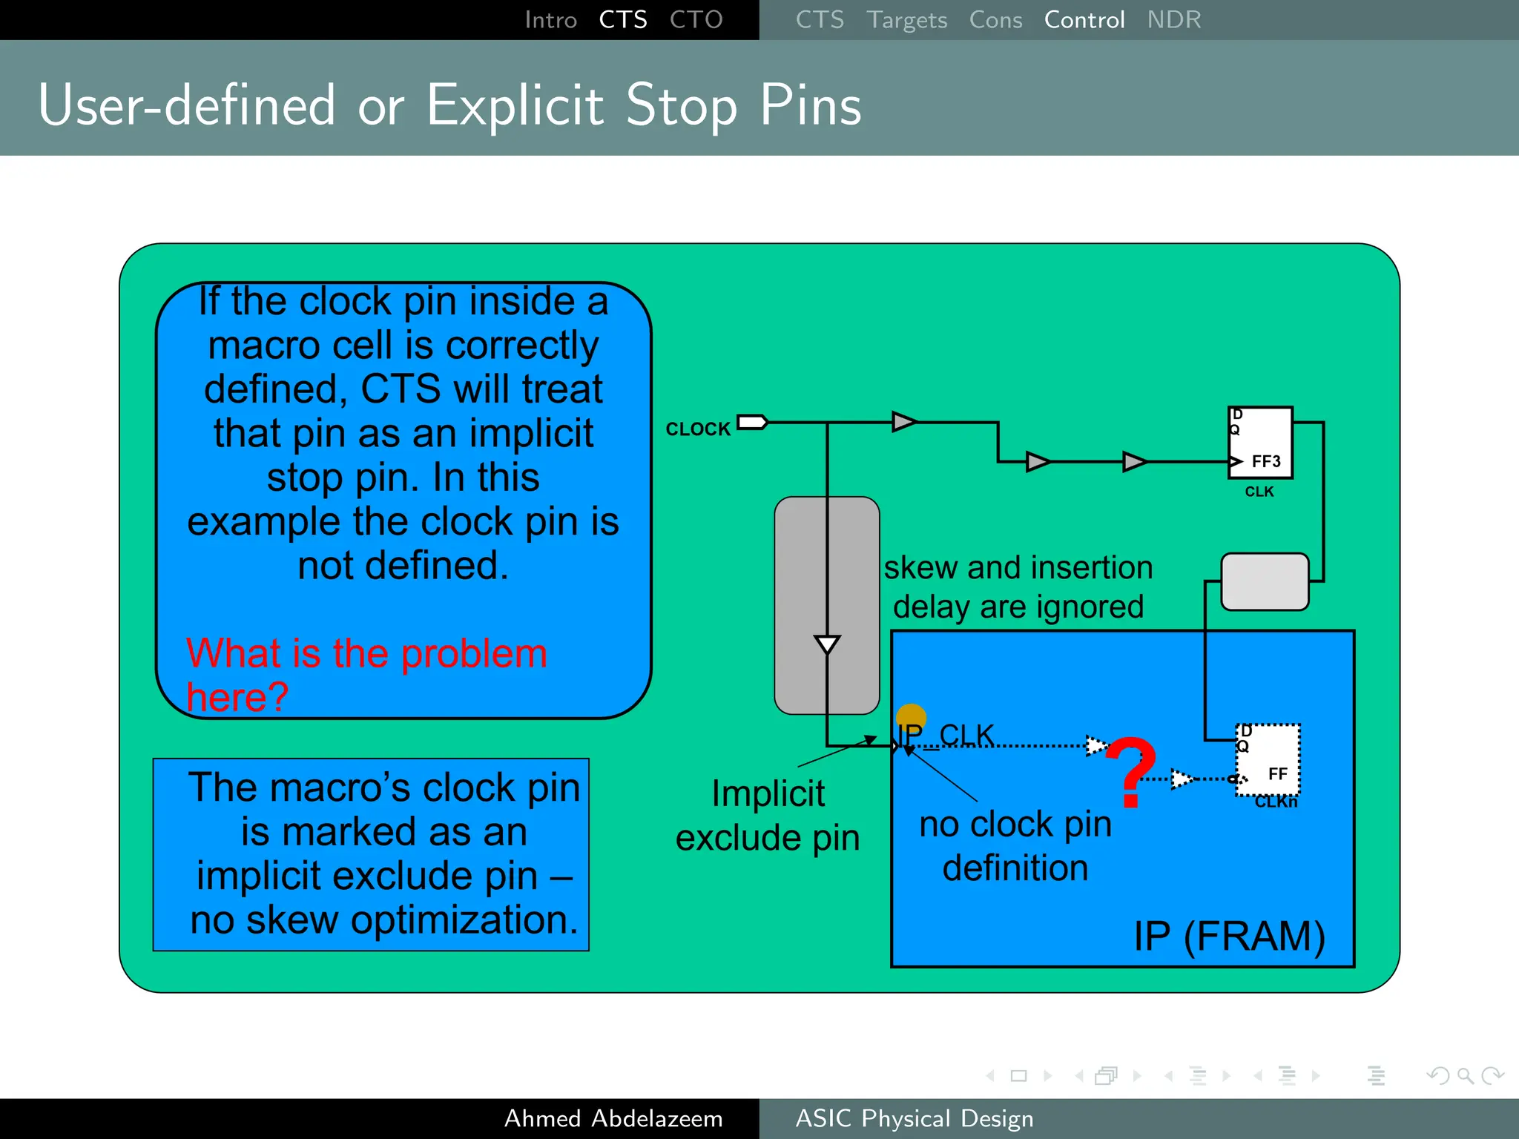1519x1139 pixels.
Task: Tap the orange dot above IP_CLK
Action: click(911, 718)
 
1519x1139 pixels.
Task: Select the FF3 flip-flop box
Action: click(1260, 442)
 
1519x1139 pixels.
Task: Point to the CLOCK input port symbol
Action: click(752, 422)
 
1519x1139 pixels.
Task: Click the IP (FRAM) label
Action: click(1229, 936)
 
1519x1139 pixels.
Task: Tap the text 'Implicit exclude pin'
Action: click(768, 816)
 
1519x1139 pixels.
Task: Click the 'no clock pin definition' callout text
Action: click(1015, 845)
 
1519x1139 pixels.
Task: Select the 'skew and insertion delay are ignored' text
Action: click(1018, 587)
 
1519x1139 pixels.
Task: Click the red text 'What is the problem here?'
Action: click(366, 674)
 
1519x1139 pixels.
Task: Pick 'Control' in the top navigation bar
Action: click(1084, 20)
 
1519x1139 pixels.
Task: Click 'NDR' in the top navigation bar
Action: click(1173, 20)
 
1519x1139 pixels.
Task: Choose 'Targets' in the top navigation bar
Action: click(906, 20)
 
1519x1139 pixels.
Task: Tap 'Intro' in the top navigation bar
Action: click(550, 20)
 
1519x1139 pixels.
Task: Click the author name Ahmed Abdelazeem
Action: click(613, 1118)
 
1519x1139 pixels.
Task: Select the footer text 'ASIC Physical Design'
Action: click(914, 1118)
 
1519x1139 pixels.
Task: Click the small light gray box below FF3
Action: click(1265, 582)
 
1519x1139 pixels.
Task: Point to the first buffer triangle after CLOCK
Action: click(903, 422)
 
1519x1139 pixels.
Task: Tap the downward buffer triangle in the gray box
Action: click(827, 644)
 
